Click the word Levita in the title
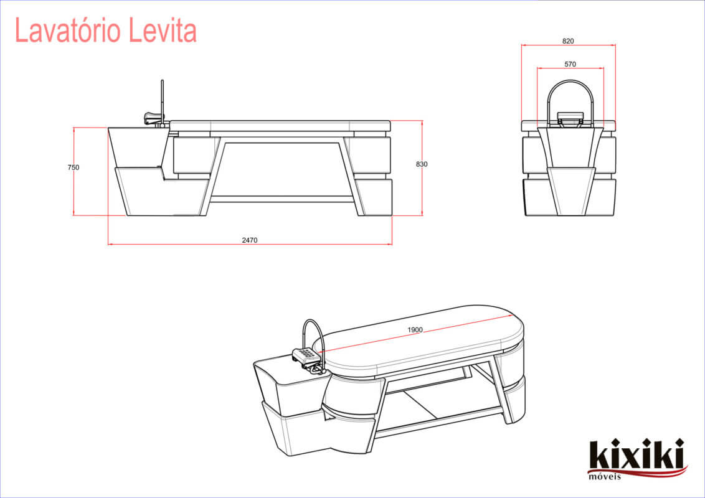click(163, 31)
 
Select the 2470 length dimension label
click(250, 240)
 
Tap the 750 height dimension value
click(73, 167)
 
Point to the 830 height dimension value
click(422, 164)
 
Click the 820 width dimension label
click(567, 41)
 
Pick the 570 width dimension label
click(570, 64)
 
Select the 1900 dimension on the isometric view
click(415, 330)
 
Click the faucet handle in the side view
click(153, 117)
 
